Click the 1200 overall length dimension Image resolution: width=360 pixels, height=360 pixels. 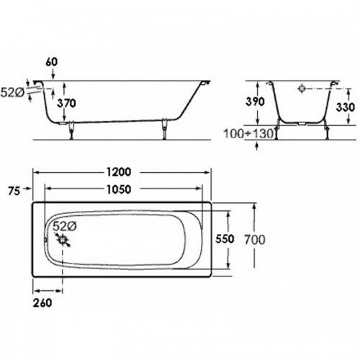(119, 172)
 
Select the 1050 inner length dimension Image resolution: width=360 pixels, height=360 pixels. (119, 189)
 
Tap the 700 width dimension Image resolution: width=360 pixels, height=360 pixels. (255, 240)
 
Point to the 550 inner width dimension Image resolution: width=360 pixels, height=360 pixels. (225, 239)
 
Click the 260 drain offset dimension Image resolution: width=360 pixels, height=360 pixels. (42, 302)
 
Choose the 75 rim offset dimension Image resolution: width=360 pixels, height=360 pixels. (14, 192)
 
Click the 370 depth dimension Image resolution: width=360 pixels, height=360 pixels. (66, 103)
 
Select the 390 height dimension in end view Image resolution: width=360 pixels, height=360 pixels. (255, 102)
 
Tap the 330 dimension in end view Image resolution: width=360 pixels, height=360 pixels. (346, 107)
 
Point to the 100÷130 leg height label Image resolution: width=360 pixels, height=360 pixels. (249, 133)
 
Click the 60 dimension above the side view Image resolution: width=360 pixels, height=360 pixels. (52, 62)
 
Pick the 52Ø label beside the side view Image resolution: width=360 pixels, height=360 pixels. (12, 93)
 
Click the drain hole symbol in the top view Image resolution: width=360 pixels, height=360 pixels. (63, 240)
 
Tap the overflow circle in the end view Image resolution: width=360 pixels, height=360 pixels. (302, 89)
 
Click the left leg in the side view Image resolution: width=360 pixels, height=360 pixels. (71, 131)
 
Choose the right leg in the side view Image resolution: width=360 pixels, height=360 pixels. (164, 129)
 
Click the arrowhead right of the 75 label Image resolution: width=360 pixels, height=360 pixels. (29, 189)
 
